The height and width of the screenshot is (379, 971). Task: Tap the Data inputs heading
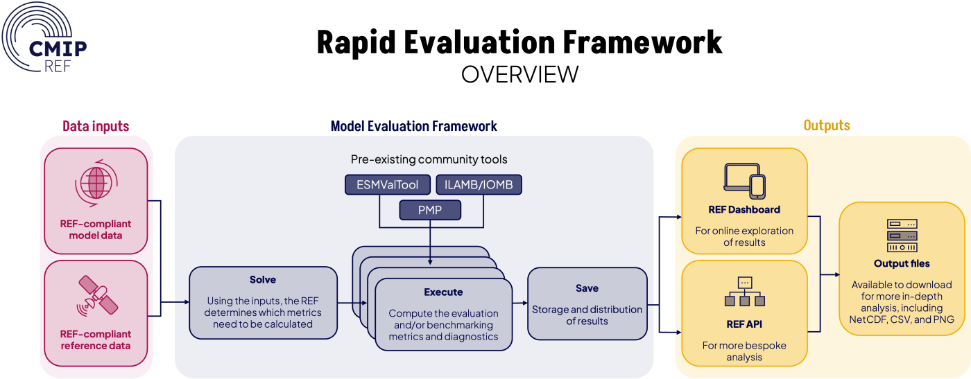point(96,126)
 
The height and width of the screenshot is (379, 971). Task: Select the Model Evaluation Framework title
point(413,126)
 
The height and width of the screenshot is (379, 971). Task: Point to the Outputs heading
point(827,126)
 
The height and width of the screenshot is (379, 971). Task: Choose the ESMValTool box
point(387,184)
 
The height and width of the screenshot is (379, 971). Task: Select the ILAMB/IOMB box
point(479,184)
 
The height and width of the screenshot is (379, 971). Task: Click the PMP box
point(431,210)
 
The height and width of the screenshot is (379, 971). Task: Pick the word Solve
point(263,280)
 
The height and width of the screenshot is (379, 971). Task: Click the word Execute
point(443,292)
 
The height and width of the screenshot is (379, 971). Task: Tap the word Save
point(587,288)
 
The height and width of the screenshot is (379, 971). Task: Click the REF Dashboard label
point(744,209)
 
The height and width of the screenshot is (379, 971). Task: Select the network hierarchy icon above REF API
point(744,292)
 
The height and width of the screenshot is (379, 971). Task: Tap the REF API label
point(744,323)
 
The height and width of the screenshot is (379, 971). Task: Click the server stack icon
point(902,236)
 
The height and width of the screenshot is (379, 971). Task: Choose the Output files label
point(902,264)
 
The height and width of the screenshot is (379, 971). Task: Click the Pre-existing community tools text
point(429,159)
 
